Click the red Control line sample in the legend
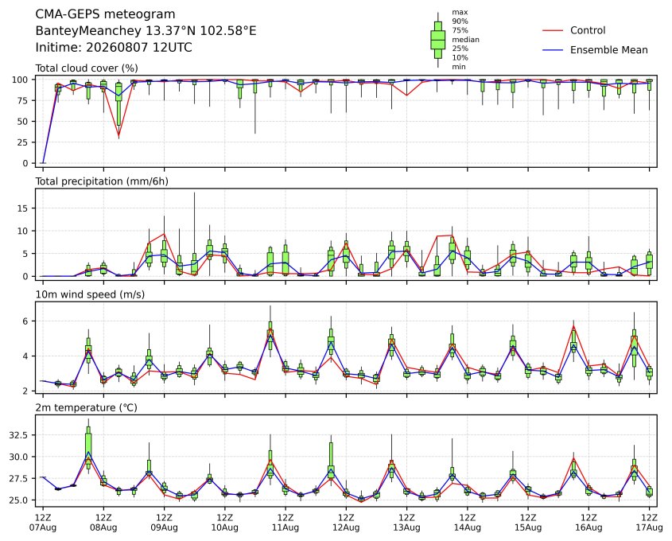(553, 30)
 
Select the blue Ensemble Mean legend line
(553, 50)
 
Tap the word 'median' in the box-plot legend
(465, 40)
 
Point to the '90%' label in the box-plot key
(460, 21)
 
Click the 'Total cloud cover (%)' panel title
(87, 68)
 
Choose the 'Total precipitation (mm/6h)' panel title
(102, 181)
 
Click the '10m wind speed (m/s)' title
(90, 294)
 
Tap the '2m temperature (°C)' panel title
(86, 407)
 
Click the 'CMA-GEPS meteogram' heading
(105, 14)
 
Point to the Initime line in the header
(114, 47)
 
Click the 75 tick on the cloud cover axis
(22, 101)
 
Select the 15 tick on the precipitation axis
(22, 208)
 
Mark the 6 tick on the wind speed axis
(25, 321)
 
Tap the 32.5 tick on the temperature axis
(18, 435)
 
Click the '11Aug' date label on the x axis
(285, 527)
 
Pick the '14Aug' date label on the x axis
(467, 527)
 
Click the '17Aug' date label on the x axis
(649, 527)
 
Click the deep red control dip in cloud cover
(118, 136)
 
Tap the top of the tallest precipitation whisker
(194, 193)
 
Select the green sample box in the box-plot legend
(437, 40)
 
